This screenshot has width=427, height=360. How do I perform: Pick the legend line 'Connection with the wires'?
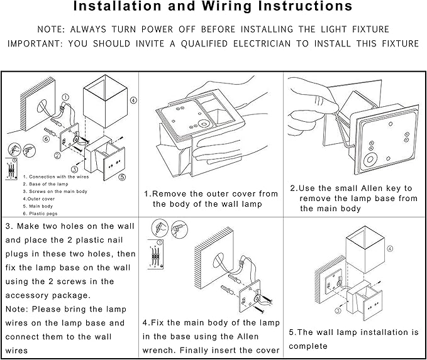coord(50,177)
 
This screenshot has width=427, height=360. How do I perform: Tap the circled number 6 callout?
coord(47,139)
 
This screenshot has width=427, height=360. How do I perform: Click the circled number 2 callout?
coord(57,155)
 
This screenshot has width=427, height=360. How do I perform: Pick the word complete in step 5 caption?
coord(309,346)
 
